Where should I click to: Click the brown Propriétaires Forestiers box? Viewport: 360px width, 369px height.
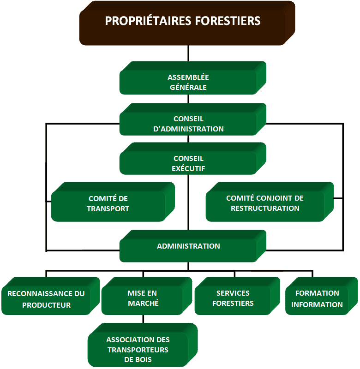point(187,23)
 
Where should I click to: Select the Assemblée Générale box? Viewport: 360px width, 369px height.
point(193,78)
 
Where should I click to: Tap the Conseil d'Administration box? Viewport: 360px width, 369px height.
point(193,119)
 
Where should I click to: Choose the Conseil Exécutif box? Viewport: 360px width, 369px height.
point(193,158)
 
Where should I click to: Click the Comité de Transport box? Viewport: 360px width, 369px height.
point(113,202)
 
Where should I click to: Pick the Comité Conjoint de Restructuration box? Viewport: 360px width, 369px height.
point(270,202)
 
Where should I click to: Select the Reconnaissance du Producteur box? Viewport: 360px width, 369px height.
point(51,296)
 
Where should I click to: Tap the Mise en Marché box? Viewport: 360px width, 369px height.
point(147,296)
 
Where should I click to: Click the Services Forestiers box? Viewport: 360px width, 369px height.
point(237,296)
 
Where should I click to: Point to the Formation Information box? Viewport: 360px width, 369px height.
point(321,296)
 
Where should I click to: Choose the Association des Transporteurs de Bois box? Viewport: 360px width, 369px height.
point(143,345)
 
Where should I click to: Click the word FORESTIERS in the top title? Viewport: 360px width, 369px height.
point(228,21)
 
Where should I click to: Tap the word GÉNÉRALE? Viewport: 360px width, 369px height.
point(188,87)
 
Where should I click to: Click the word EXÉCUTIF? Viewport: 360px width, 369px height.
point(188,168)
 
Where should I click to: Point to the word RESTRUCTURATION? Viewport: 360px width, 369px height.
point(265,208)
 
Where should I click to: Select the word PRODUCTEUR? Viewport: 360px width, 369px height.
point(46,305)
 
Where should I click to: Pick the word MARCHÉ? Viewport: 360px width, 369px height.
point(143,303)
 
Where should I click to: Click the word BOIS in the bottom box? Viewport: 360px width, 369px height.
point(144,359)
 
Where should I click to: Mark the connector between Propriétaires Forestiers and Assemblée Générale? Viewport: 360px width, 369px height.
point(188,54)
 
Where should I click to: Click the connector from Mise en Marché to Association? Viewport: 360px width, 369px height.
point(143,319)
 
